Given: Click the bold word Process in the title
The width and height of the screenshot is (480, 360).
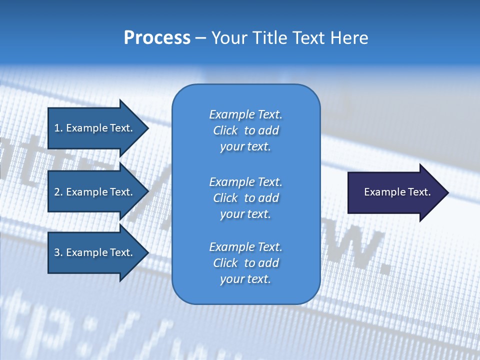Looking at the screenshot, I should [x=157, y=38].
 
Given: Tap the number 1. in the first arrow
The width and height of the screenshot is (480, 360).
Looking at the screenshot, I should [x=58, y=128].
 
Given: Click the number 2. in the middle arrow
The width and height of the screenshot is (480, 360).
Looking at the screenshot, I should [x=58, y=192].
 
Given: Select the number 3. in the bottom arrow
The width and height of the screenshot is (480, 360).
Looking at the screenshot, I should [x=58, y=252].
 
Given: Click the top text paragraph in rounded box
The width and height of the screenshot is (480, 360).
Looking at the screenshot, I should [x=245, y=130].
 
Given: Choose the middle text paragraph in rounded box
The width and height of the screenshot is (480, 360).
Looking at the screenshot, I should [x=245, y=198].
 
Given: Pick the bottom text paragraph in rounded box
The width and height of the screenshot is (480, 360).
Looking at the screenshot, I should [x=245, y=263].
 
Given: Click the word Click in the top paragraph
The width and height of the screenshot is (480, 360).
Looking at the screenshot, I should [x=225, y=130].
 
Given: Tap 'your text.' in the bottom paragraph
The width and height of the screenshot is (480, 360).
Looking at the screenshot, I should [x=245, y=279].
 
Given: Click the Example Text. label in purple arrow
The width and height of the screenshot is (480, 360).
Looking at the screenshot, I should [x=397, y=192].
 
